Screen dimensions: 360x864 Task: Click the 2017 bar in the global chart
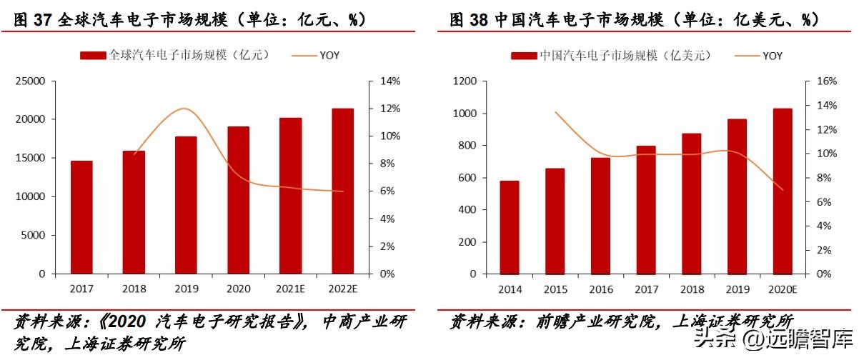tap(81, 217)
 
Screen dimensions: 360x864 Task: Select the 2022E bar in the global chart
tap(342, 191)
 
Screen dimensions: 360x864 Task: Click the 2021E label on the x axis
tap(289, 289)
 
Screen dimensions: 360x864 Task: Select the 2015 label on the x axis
tap(555, 289)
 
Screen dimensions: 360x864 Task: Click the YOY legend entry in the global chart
tap(329, 54)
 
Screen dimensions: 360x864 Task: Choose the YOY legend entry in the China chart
tap(773, 55)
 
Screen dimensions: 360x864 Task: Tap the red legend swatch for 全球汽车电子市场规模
tap(92, 55)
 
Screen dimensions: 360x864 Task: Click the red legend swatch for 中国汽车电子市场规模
tap(525, 55)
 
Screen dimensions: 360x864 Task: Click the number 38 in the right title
tap(477, 20)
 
